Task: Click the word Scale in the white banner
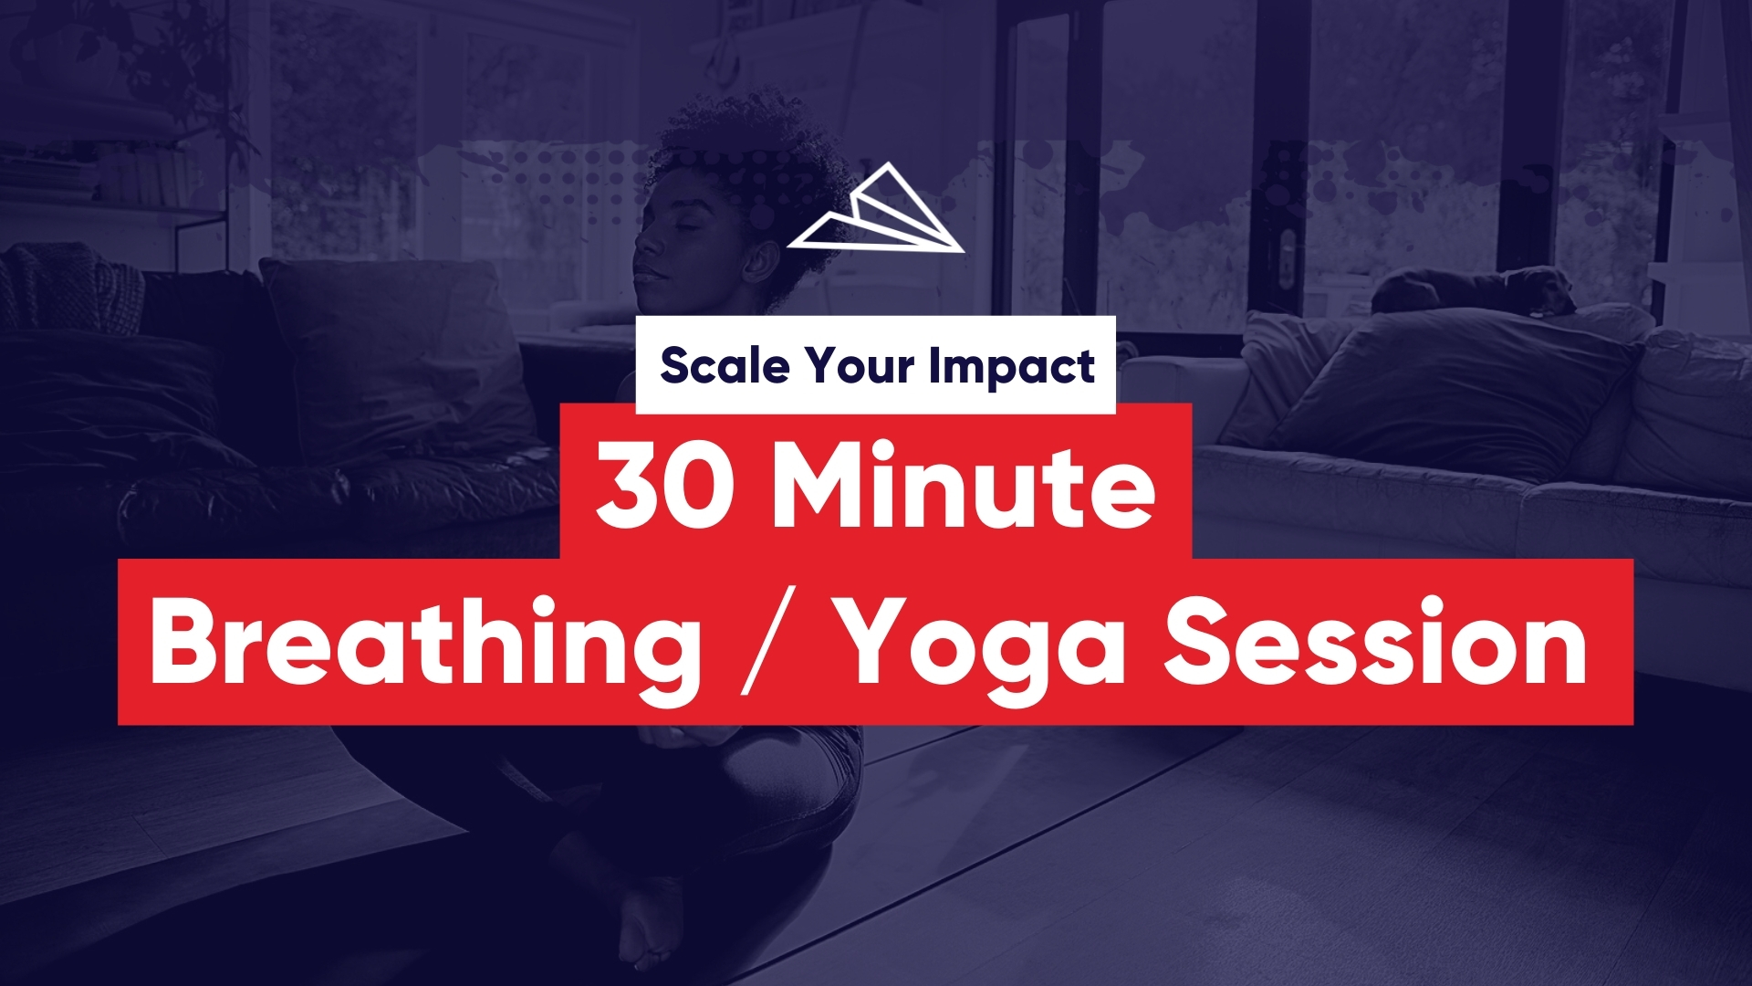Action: [725, 365]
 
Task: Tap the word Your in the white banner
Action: [859, 365]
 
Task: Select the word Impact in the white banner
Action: [1012, 367]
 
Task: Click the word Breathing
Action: [426, 642]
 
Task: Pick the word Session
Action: [1377, 640]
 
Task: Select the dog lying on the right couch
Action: [1474, 290]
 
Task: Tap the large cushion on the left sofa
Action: [392, 361]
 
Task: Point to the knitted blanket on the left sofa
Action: [68, 288]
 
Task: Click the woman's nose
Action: [646, 246]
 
